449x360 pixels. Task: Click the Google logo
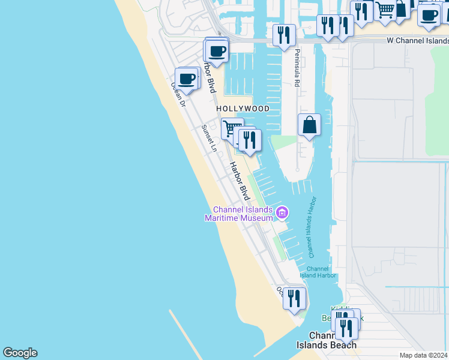(20, 353)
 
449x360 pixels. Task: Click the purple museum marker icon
(282, 212)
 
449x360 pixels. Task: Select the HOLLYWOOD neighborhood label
(243, 109)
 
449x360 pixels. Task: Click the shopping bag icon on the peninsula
(309, 125)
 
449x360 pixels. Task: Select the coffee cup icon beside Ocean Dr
(187, 78)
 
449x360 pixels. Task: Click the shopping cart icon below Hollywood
(232, 128)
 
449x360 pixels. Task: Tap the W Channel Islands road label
(417, 41)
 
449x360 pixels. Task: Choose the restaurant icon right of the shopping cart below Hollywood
(249, 140)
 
